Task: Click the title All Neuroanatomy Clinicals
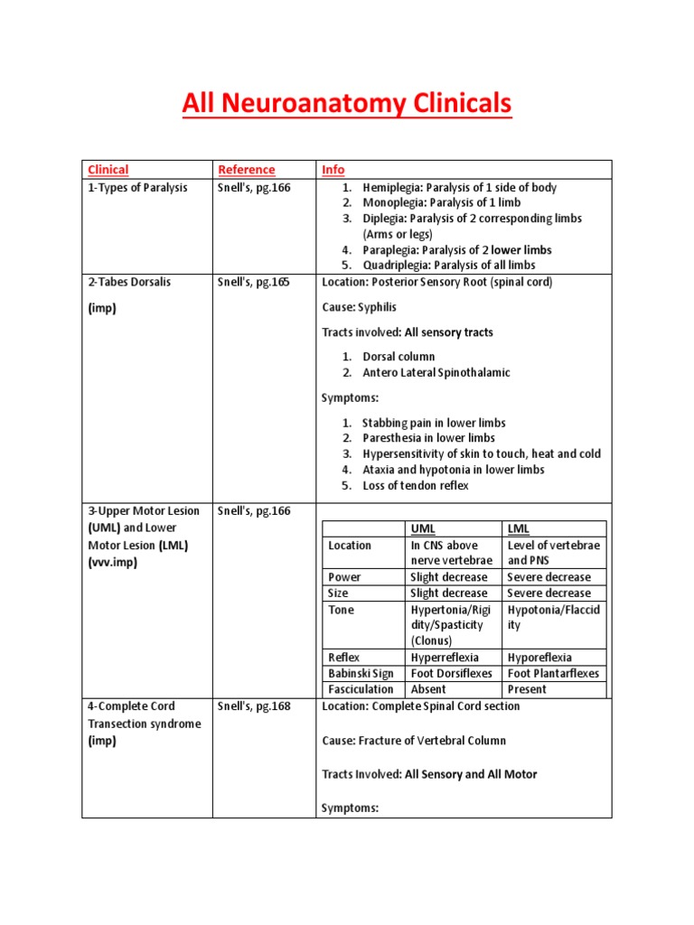click(x=346, y=105)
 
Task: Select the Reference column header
click(x=246, y=169)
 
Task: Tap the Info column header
click(x=333, y=169)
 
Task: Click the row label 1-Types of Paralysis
click(x=138, y=187)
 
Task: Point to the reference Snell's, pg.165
click(x=254, y=282)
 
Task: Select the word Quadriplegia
click(x=397, y=265)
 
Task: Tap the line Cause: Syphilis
click(x=359, y=307)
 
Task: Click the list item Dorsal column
click(x=399, y=357)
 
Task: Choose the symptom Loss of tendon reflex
click(x=416, y=485)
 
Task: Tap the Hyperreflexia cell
click(x=445, y=658)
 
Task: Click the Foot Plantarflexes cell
click(x=553, y=673)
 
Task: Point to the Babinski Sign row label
click(x=361, y=673)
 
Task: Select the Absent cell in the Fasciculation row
click(x=428, y=688)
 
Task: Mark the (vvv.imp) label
click(x=114, y=562)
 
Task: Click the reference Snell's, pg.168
click(x=254, y=706)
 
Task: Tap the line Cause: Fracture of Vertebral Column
click(x=414, y=741)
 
